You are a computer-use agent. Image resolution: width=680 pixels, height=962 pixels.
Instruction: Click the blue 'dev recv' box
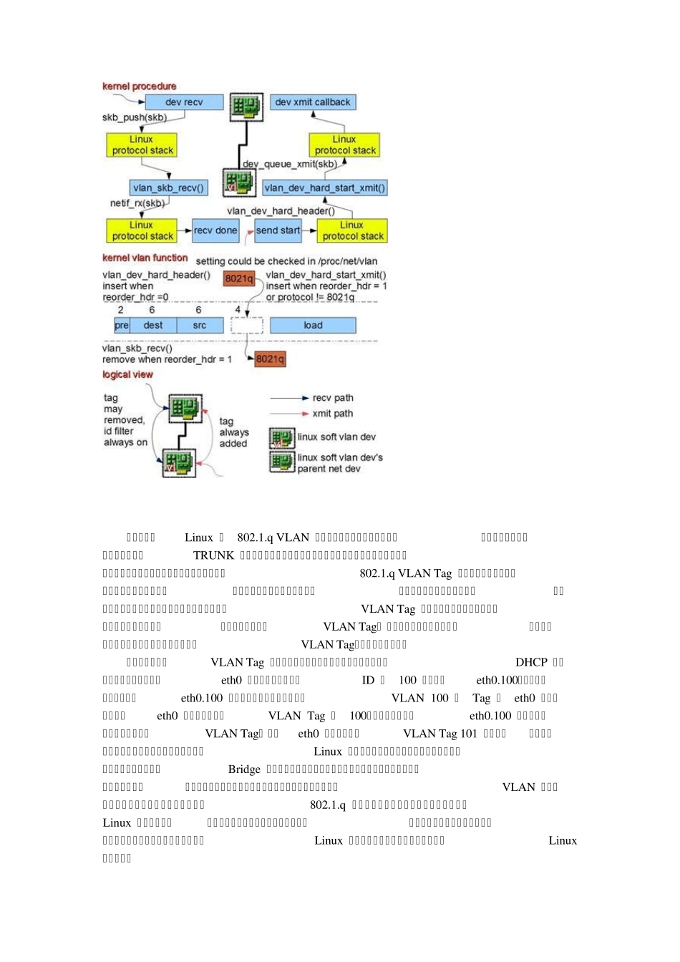pyautogui.click(x=184, y=102)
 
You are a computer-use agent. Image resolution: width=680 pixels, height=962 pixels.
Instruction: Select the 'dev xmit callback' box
pyautogui.click(x=313, y=102)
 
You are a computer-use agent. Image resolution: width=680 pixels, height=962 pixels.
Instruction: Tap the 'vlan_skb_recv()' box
pyautogui.click(x=169, y=188)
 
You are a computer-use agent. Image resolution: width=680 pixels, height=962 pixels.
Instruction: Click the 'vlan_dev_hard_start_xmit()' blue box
pyautogui.click(x=325, y=188)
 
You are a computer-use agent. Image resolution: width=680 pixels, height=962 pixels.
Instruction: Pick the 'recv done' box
pyautogui.click(x=215, y=230)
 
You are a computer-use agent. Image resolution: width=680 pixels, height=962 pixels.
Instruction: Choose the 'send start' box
pyautogui.click(x=278, y=230)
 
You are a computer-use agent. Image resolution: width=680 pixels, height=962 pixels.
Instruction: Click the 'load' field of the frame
pyautogui.click(x=313, y=326)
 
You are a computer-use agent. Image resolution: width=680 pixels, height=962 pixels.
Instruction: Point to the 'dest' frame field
pyautogui.click(x=153, y=326)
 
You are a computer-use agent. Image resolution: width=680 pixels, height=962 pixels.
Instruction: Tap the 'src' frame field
pyautogui.click(x=200, y=326)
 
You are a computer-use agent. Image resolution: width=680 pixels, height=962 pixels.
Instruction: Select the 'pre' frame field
pyautogui.click(x=122, y=326)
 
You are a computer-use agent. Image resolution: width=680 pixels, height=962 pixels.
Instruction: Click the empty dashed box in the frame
pyautogui.click(x=247, y=326)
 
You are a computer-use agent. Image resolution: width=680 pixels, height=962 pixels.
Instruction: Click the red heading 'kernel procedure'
pyautogui.click(x=140, y=87)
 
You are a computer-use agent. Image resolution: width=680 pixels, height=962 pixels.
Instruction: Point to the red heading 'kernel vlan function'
pyautogui.click(x=145, y=258)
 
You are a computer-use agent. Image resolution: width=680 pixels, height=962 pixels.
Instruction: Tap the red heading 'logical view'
pyautogui.click(x=127, y=374)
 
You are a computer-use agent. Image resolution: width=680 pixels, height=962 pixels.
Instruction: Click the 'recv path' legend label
pyautogui.click(x=333, y=398)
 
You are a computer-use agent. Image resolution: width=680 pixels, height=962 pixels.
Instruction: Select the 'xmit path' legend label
pyautogui.click(x=333, y=414)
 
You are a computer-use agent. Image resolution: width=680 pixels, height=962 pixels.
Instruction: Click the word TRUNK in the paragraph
pyautogui.click(x=213, y=555)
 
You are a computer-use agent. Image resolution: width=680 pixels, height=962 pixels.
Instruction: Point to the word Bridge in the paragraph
pyautogui.click(x=244, y=769)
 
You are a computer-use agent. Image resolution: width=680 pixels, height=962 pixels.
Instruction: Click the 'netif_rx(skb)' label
pyautogui.click(x=137, y=203)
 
